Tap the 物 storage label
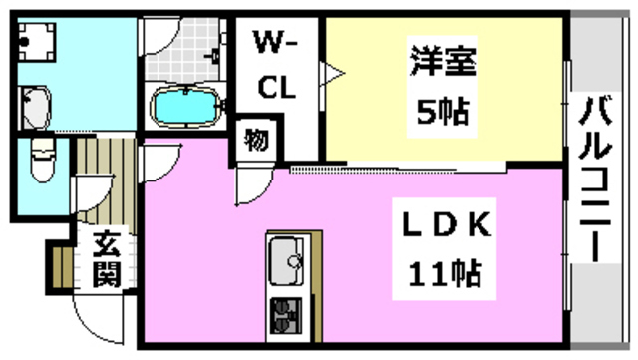[256, 140]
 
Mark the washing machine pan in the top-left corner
[41, 40]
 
